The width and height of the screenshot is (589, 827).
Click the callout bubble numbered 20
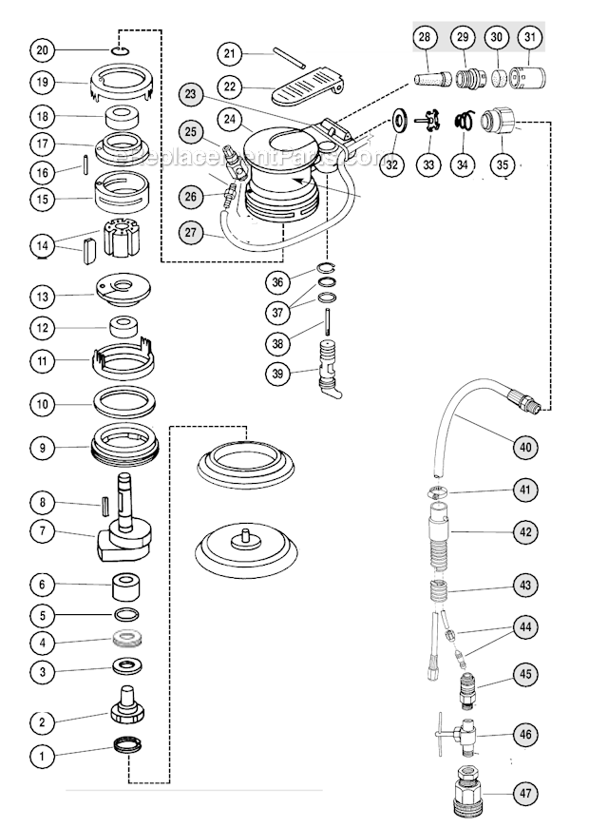click(x=42, y=49)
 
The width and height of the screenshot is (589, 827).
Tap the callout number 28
click(x=425, y=38)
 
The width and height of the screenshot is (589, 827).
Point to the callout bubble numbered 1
click(x=42, y=757)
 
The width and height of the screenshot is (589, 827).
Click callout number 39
click(x=276, y=374)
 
